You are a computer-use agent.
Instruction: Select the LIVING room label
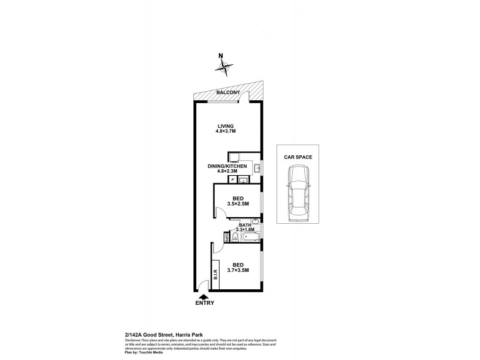coord(226,126)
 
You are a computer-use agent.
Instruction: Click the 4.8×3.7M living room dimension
coord(226,131)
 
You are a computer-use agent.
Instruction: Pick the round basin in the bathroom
coord(256,221)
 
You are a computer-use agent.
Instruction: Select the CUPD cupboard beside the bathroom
coord(226,238)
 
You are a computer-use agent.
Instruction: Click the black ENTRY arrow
coord(203,296)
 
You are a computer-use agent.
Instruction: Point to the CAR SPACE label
coord(298,157)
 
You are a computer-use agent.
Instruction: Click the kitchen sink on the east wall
coord(256,169)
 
